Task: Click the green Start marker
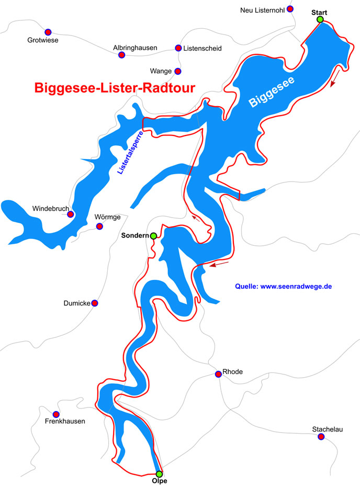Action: click(x=320, y=19)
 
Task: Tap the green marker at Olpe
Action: click(x=159, y=474)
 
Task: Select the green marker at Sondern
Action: click(x=153, y=236)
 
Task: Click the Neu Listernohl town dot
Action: click(x=290, y=9)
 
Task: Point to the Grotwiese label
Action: click(x=43, y=40)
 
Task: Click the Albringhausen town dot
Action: click(x=121, y=55)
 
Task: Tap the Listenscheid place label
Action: click(x=203, y=48)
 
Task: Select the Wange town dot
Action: click(x=178, y=71)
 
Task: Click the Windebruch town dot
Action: click(x=70, y=214)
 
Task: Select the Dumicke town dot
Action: click(x=95, y=303)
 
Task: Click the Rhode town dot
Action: click(x=218, y=374)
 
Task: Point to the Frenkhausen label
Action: click(x=65, y=421)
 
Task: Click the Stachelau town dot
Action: click(x=321, y=437)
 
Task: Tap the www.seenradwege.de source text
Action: click(x=284, y=286)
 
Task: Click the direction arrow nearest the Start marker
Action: click(x=333, y=78)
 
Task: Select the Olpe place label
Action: click(x=159, y=482)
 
